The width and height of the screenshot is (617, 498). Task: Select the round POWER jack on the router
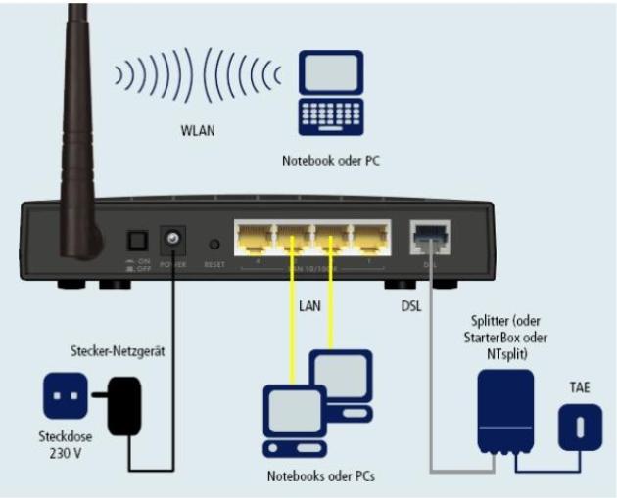[174, 239]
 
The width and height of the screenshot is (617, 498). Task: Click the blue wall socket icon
[66, 396]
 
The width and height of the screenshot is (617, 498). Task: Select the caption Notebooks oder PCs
[318, 476]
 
